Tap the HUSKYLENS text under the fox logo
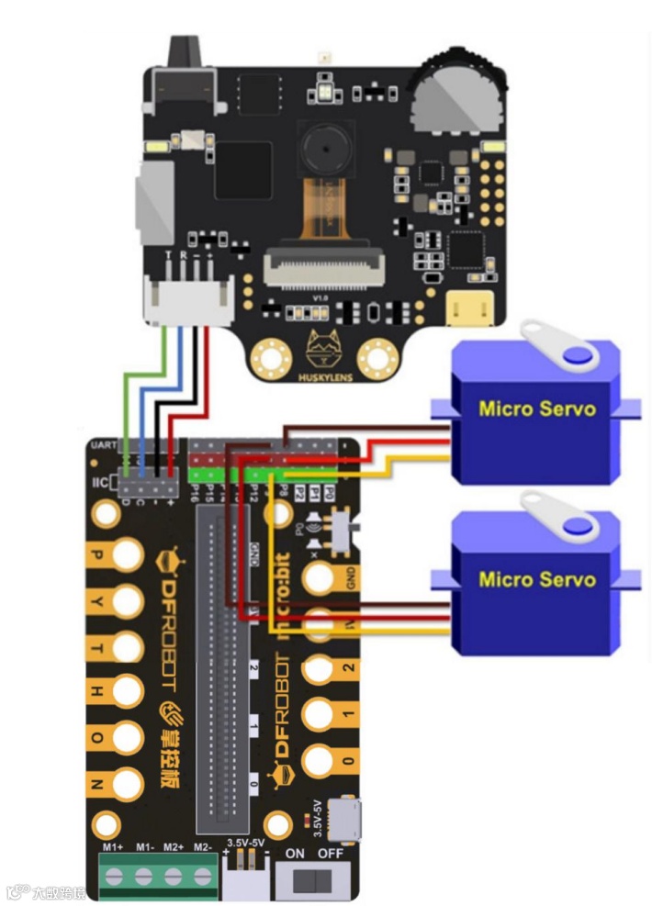click(x=322, y=376)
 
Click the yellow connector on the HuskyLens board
click(x=471, y=309)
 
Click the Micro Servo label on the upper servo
click(x=536, y=408)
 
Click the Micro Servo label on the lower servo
click(x=536, y=580)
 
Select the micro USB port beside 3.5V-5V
click(x=347, y=820)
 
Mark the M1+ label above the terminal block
click(x=114, y=845)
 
